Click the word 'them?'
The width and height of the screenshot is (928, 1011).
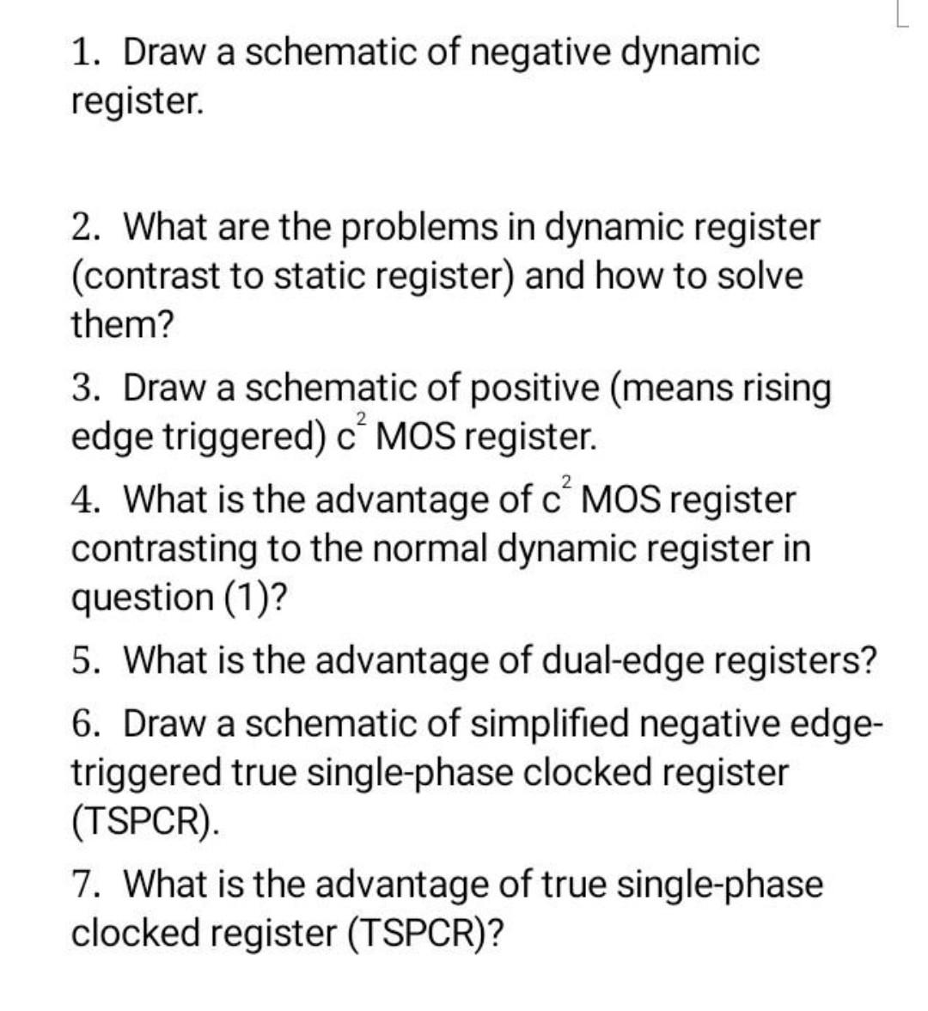click(122, 325)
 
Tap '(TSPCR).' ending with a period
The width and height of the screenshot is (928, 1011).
click(144, 821)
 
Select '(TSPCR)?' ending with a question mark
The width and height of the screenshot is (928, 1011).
click(425, 933)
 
